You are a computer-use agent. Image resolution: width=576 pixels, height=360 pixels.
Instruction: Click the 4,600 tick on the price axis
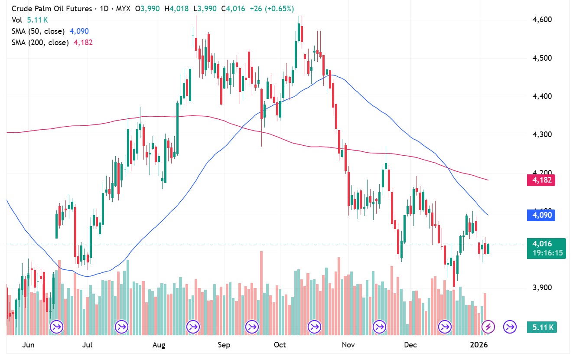click(541, 20)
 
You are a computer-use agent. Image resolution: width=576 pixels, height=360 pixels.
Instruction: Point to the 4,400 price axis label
click(541, 96)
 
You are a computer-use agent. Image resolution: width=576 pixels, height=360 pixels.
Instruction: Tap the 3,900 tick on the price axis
click(541, 288)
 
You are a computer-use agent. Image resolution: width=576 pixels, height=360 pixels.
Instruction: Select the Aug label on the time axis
click(159, 345)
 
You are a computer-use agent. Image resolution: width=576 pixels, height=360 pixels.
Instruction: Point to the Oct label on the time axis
click(280, 345)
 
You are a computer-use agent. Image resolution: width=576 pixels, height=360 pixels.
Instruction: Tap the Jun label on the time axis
click(28, 345)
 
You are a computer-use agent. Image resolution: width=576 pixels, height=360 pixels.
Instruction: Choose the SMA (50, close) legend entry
click(38, 31)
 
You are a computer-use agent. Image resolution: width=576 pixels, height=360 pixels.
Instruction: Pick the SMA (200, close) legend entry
click(40, 43)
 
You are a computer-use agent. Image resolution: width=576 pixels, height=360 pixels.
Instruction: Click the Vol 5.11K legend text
click(27, 20)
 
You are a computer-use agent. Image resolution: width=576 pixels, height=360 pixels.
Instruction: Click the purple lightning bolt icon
click(488, 326)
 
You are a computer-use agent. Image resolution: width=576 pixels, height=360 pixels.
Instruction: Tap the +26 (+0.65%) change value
click(272, 9)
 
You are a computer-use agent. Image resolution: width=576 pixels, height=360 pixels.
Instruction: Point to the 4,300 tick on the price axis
click(541, 134)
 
